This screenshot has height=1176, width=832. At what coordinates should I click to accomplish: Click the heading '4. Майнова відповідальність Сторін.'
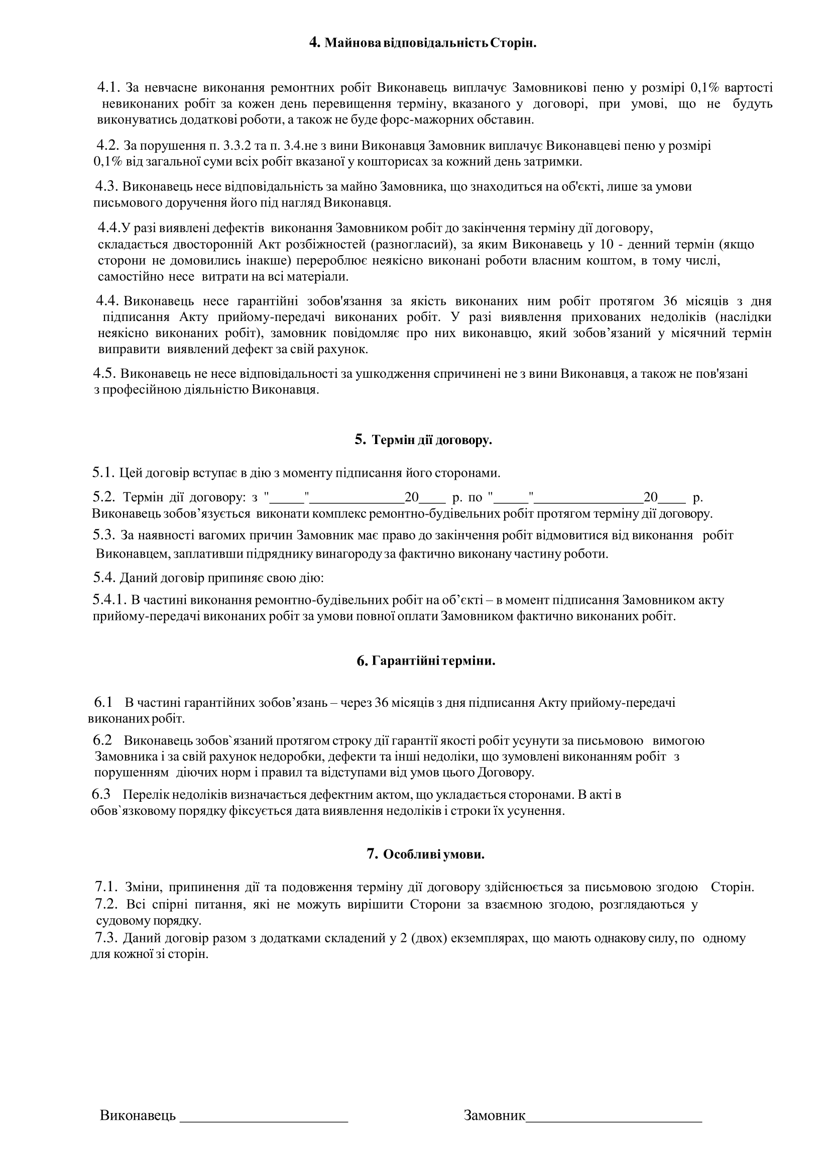click(x=423, y=43)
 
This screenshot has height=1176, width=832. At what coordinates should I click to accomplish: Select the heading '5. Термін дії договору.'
click(x=423, y=440)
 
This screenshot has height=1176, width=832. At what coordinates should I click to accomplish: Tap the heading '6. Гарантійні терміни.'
click(x=426, y=661)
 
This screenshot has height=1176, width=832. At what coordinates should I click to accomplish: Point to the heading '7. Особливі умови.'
click(x=425, y=854)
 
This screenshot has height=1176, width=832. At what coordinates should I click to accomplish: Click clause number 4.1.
click(x=108, y=87)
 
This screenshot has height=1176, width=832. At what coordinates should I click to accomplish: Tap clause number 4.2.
click(x=108, y=146)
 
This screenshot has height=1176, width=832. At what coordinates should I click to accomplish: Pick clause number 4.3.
click(x=106, y=186)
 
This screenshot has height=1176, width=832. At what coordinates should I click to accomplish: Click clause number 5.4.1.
click(x=109, y=599)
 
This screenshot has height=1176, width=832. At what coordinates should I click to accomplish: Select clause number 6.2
click(x=102, y=740)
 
